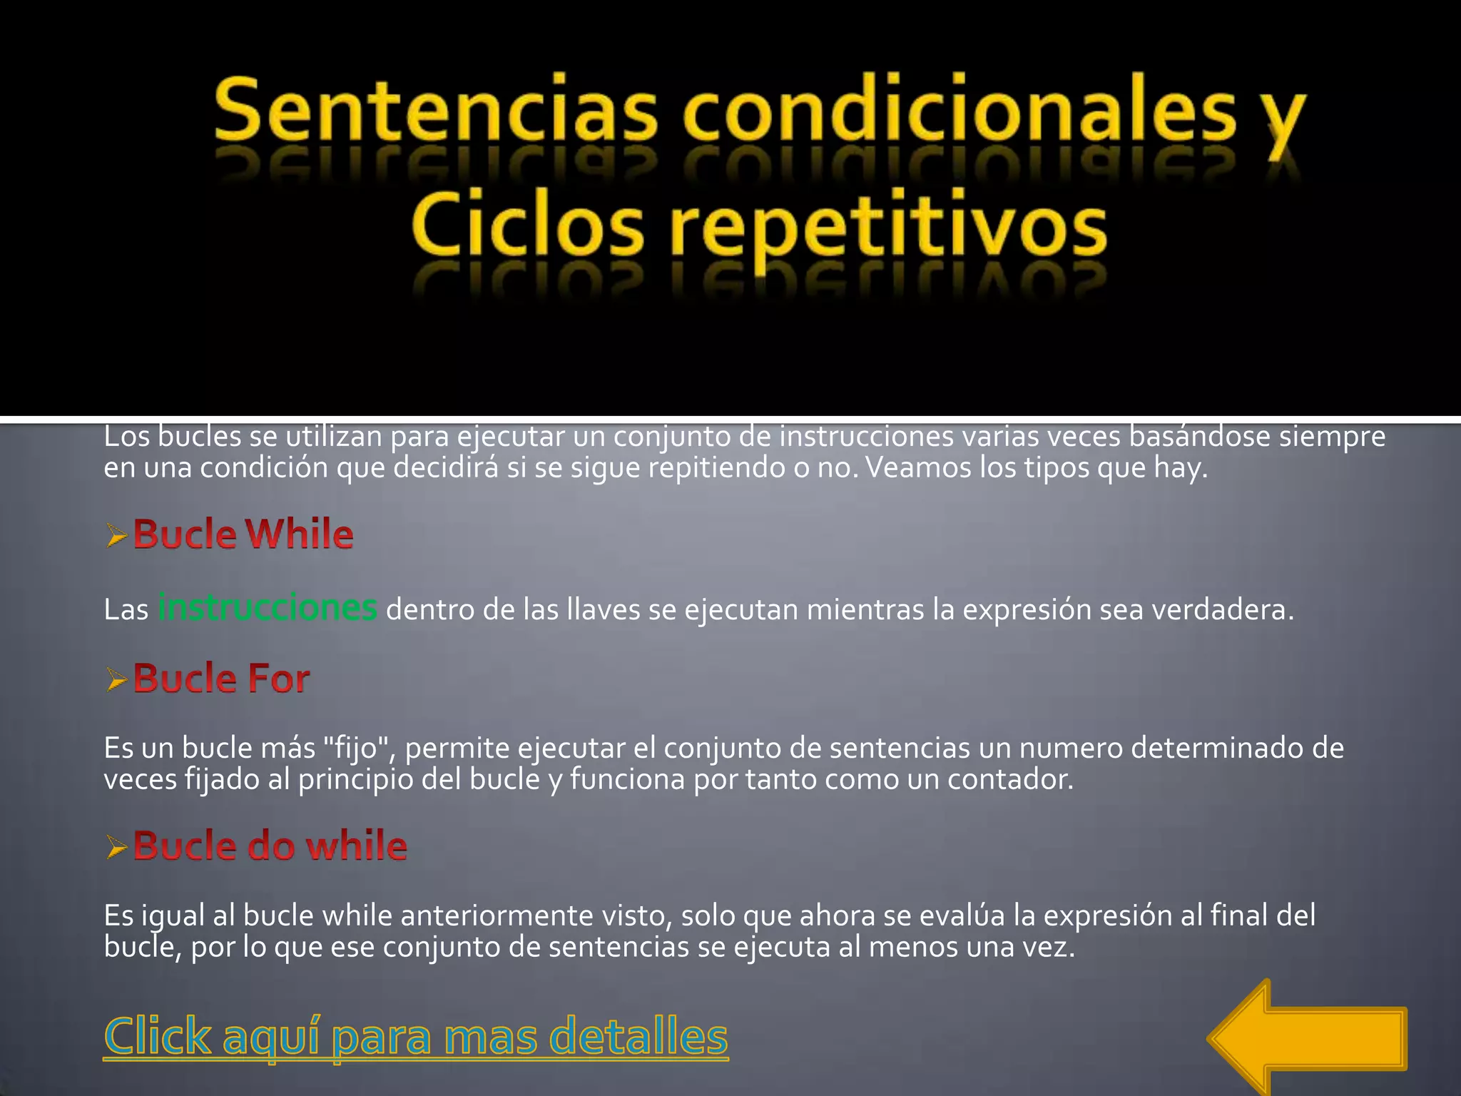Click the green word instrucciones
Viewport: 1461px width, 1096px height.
[268, 608]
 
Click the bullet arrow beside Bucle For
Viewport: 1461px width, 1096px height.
[117, 679]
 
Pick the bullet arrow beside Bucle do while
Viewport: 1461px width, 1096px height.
[117, 847]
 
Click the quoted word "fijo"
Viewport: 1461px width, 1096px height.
[361, 749]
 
